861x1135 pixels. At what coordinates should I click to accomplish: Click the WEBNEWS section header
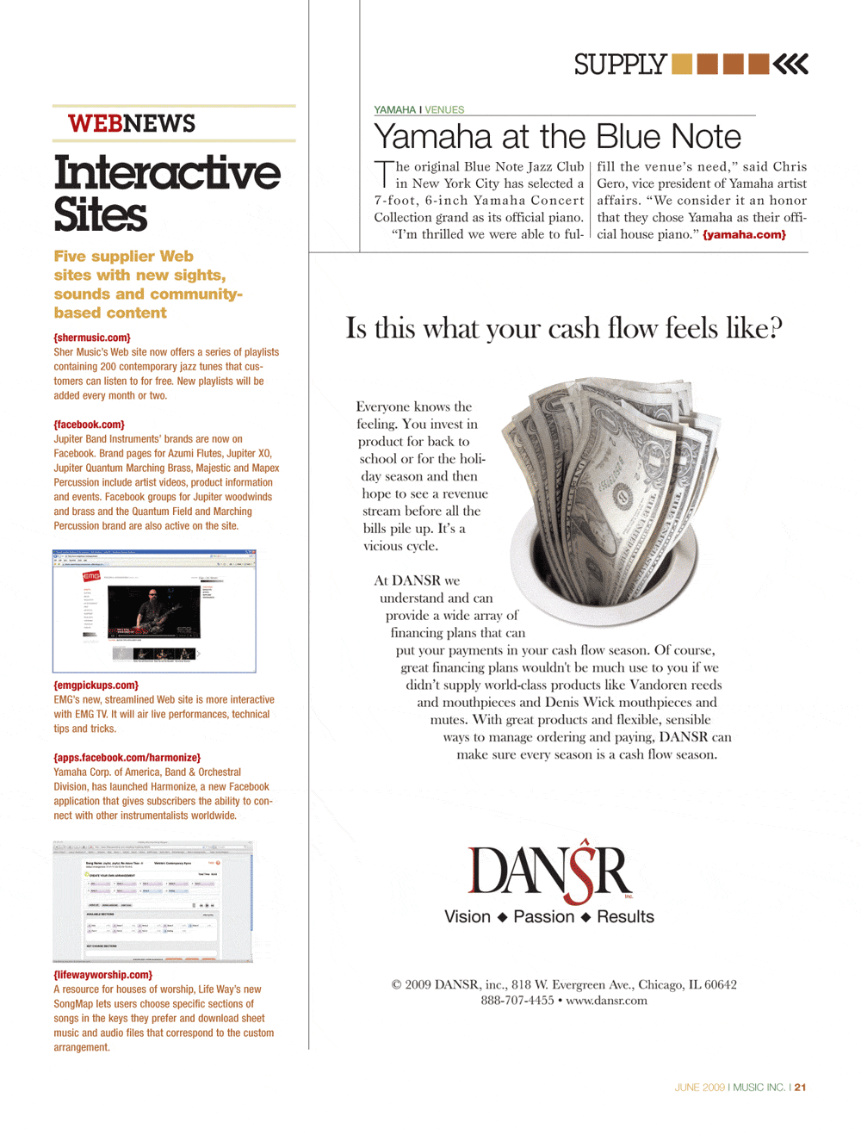(x=132, y=124)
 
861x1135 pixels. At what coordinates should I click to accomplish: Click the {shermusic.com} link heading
(x=92, y=338)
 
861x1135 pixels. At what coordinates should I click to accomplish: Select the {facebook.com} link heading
(x=89, y=425)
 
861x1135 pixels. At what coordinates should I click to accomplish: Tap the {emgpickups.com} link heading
(x=96, y=685)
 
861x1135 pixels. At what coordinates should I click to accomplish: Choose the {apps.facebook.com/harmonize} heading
(x=127, y=758)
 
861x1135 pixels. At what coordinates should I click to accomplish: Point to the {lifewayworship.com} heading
(x=102, y=975)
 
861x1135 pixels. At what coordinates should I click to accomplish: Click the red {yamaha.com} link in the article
(x=744, y=234)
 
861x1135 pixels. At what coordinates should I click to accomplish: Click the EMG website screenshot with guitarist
(x=154, y=611)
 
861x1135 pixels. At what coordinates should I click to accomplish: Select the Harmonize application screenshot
(x=153, y=902)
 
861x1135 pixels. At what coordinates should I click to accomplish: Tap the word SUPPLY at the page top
(x=620, y=65)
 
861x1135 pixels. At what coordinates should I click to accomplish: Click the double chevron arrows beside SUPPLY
(x=790, y=64)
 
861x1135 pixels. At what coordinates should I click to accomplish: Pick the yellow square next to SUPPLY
(x=681, y=64)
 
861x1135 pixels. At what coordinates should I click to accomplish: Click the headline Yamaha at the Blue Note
(x=557, y=137)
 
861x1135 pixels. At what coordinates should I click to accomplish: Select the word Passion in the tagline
(x=543, y=917)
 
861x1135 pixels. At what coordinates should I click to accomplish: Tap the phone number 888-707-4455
(x=517, y=1001)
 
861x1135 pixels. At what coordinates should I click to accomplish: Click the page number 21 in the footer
(x=801, y=1088)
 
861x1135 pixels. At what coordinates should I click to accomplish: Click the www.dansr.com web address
(x=606, y=1001)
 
